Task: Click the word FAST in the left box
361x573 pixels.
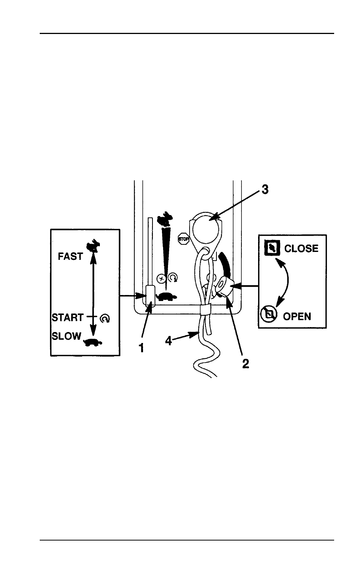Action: [70, 256]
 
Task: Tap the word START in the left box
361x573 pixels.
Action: [68, 317]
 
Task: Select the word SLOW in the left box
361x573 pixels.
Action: [66, 336]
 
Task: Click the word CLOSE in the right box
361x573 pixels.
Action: [301, 249]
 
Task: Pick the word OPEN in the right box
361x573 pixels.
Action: [297, 317]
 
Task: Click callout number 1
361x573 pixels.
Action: [141, 348]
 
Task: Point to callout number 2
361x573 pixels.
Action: [246, 364]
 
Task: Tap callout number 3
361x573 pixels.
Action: [265, 190]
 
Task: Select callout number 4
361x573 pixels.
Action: [168, 341]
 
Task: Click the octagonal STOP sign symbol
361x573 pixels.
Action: [184, 239]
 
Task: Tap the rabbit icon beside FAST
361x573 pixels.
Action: [93, 245]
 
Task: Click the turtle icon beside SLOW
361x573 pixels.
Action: [93, 343]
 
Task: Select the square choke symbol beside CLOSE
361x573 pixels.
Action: [272, 248]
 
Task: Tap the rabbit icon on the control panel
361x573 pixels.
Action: [165, 219]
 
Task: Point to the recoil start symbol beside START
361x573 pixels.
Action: [105, 318]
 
